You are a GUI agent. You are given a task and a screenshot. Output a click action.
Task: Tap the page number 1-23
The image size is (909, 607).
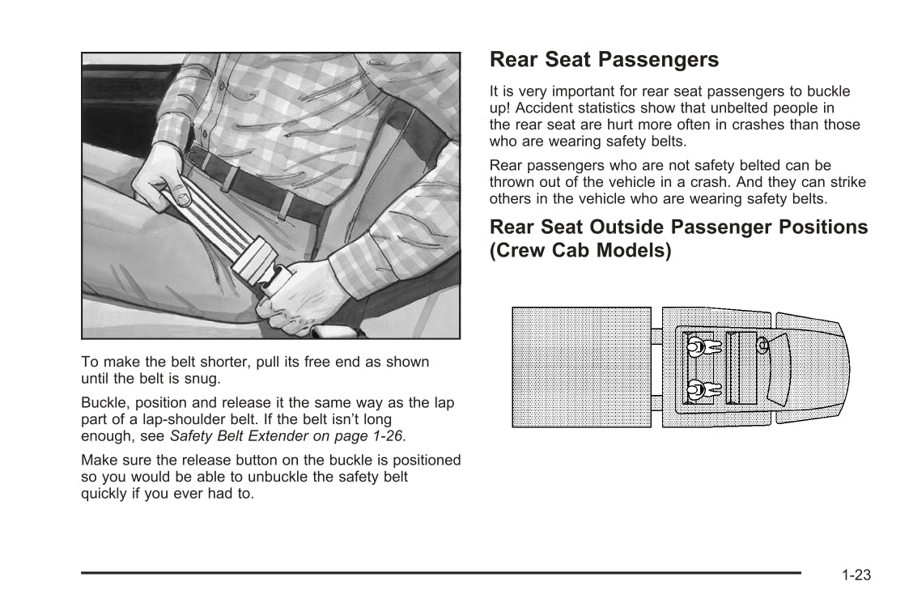pos(855,575)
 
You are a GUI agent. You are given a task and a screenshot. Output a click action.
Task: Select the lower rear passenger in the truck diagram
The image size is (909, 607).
pos(702,390)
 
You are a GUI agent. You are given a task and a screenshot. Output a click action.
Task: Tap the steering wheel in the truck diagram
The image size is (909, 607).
pos(762,345)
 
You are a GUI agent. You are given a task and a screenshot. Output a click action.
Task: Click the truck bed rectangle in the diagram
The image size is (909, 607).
pos(581,367)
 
